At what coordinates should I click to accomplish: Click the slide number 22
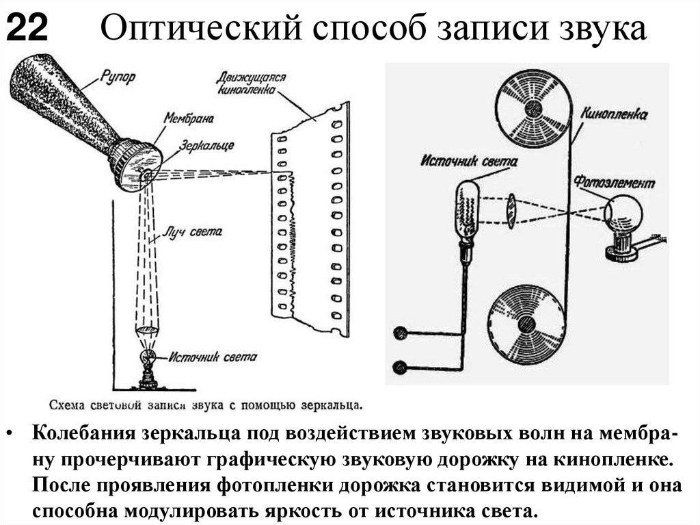coord(27,29)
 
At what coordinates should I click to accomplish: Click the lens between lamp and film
coord(511,209)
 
